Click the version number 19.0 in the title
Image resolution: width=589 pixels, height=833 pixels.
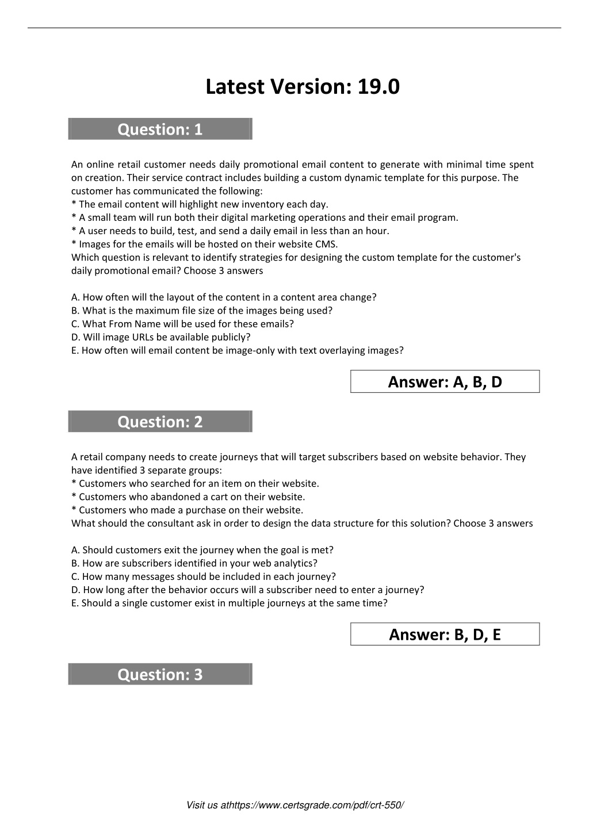(x=378, y=87)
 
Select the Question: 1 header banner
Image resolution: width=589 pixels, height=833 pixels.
(x=160, y=129)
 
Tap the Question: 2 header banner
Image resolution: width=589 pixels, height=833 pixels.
(x=160, y=422)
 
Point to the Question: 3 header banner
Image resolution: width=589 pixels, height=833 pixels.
(x=160, y=674)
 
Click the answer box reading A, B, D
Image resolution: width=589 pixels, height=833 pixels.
(x=445, y=381)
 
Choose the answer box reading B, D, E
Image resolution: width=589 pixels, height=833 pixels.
(x=445, y=634)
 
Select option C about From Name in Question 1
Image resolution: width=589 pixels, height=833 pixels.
(x=182, y=324)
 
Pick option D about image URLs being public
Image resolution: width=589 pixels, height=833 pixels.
(x=160, y=337)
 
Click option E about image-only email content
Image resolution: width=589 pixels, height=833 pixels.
(x=237, y=350)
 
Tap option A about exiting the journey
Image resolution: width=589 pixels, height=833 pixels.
(x=202, y=550)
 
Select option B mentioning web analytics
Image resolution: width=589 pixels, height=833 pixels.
(x=194, y=563)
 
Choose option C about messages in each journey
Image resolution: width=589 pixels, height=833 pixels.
(x=203, y=576)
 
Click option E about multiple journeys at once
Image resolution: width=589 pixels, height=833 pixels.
(x=229, y=603)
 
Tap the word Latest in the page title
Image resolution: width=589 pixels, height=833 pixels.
(x=234, y=87)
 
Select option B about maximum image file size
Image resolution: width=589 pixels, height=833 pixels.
(x=201, y=311)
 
